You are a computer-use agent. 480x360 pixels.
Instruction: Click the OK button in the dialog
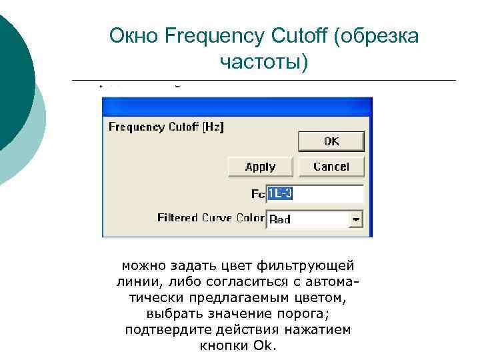click(x=331, y=141)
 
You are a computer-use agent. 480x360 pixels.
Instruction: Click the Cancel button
click(x=331, y=167)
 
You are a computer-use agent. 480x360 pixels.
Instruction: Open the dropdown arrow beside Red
click(x=356, y=219)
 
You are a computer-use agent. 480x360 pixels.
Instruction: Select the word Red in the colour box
click(x=280, y=219)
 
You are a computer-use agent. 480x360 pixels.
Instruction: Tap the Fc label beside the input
click(x=257, y=194)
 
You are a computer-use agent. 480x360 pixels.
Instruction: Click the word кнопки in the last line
click(x=223, y=346)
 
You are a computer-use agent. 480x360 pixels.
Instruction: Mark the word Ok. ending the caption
click(x=268, y=346)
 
